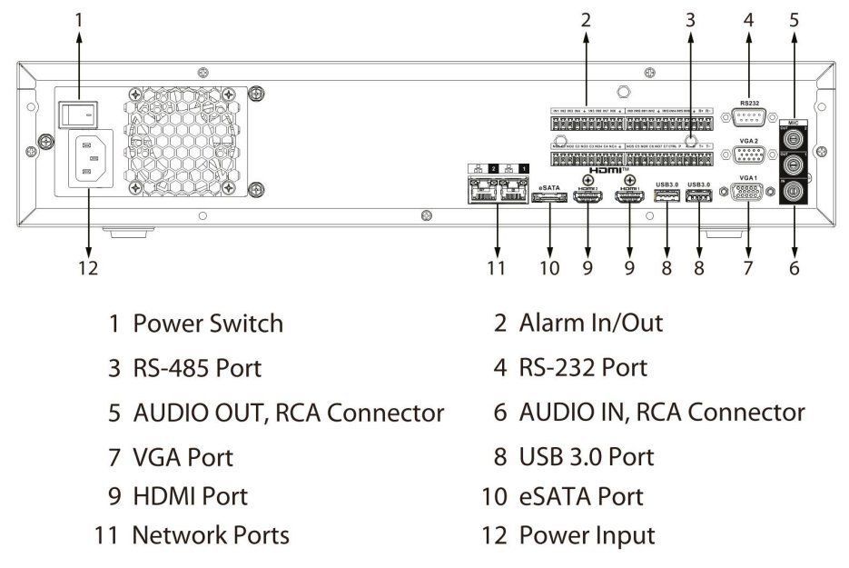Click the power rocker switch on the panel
click(78, 113)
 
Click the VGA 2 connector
click(749, 155)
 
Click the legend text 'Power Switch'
click(208, 323)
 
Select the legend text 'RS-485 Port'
click(197, 368)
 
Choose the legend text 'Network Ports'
click(211, 535)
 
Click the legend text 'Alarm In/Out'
click(590, 323)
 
